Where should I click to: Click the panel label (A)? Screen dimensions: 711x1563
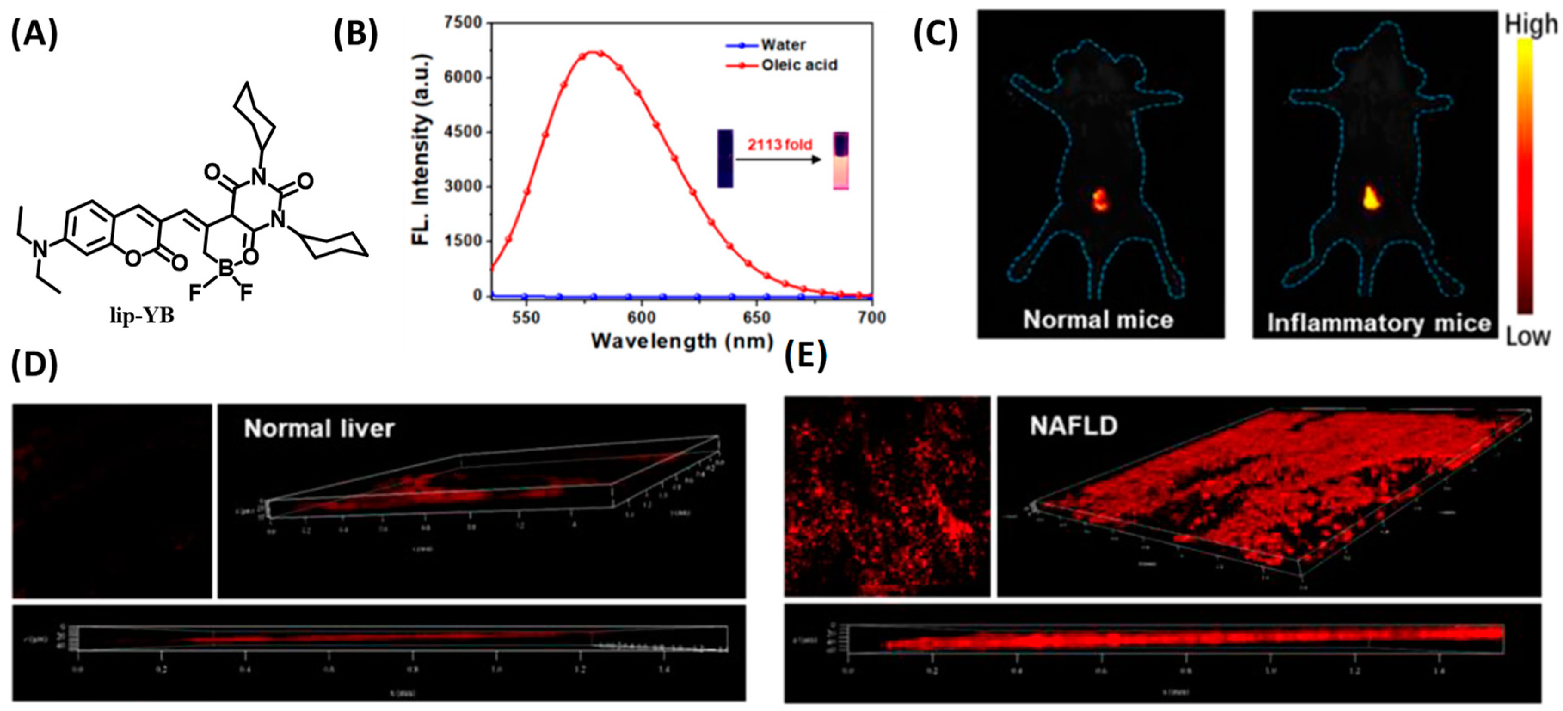(x=34, y=34)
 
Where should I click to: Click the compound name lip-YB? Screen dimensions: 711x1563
(x=142, y=316)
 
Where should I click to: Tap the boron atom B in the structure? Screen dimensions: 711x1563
(x=226, y=267)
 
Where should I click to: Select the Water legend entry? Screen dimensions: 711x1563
(x=783, y=45)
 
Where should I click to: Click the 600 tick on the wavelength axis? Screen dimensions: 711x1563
(x=641, y=317)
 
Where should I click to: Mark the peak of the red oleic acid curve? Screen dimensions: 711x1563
(x=594, y=53)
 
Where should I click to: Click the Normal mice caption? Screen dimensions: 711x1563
(x=1098, y=320)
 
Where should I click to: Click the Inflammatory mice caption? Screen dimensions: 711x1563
(x=1378, y=323)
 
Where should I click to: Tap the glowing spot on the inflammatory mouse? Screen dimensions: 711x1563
(x=1371, y=198)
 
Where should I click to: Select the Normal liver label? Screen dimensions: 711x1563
(x=319, y=429)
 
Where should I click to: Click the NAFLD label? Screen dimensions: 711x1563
(x=1073, y=426)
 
